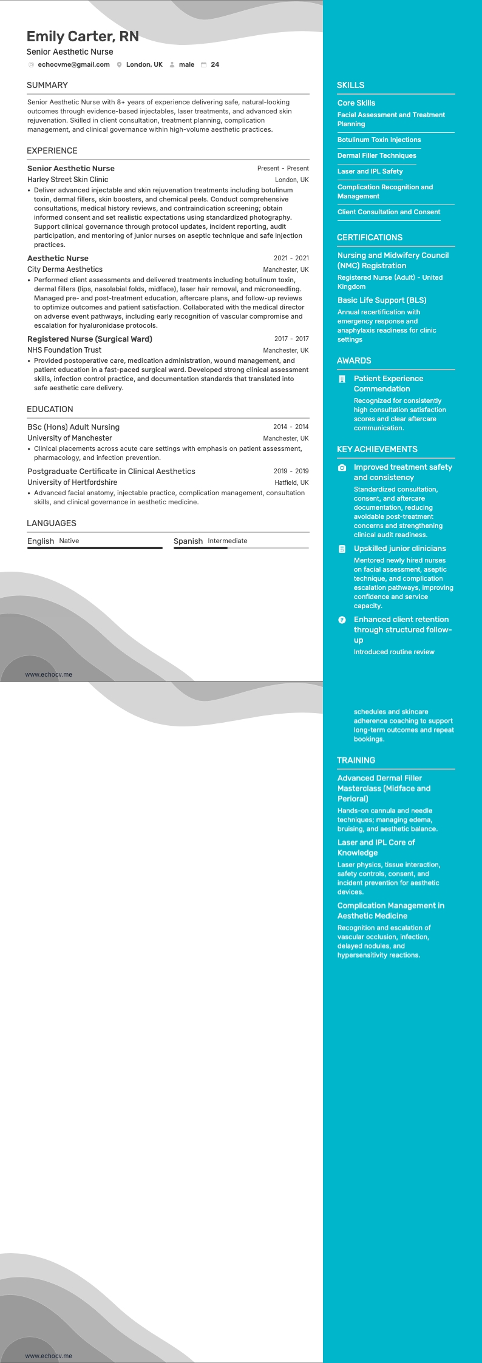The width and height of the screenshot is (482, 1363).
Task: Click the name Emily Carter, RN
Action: click(x=83, y=36)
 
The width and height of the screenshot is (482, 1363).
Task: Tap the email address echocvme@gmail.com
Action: click(x=73, y=64)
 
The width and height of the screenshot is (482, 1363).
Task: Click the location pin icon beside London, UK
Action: click(x=120, y=65)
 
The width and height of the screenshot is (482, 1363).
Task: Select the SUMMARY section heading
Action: click(x=47, y=85)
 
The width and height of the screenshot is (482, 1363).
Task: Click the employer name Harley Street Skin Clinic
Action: click(x=67, y=180)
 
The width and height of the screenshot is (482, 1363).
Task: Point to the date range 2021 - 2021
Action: click(x=291, y=258)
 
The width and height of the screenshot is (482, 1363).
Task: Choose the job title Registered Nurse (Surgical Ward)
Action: click(x=90, y=339)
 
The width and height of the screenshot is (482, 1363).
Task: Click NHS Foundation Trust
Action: click(x=64, y=350)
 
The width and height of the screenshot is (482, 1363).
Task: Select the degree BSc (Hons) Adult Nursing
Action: click(x=73, y=427)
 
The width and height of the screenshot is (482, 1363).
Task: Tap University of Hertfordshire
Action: click(x=72, y=482)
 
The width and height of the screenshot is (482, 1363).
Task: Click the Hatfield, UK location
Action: click(x=291, y=483)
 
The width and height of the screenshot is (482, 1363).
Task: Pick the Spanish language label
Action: click(x=188, y=541)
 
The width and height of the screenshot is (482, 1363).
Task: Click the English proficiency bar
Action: click(x=95, y=548)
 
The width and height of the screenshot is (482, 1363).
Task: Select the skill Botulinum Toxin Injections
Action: click(x=379, y=140)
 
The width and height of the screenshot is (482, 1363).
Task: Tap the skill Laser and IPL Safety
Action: click(x=370, y=171)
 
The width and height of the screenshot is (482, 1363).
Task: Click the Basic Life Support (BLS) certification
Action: click(x=382, y=300)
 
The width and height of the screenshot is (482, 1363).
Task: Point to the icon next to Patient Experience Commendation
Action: click(x=342, y=379)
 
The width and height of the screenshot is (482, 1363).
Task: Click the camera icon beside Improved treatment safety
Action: click(x=342, y=468)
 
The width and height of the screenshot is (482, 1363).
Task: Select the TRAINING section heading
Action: click(x=356, y=760)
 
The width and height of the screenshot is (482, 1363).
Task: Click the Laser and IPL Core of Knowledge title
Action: click(x=376, y=848)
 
